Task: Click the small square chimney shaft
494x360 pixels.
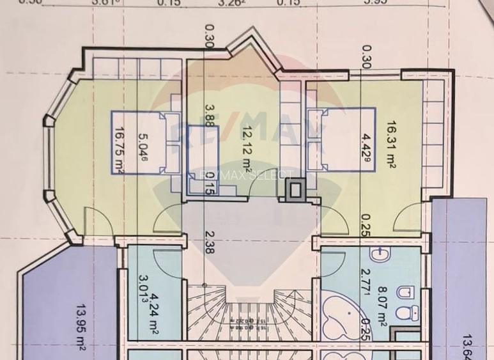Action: click(x=296, y=189)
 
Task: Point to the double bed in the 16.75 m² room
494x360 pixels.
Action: click(x=146, y=142)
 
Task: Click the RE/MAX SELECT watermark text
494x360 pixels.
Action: click(x=246, y=175)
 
